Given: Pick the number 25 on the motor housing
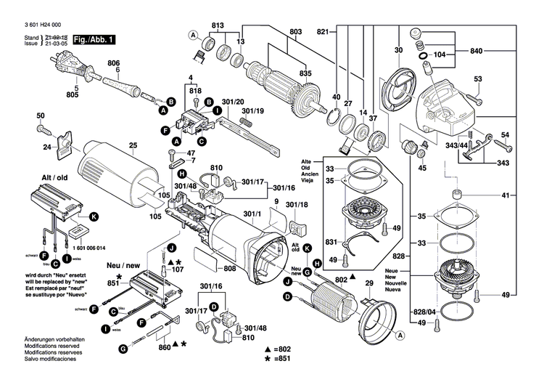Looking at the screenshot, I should pyautogui.click(x=133, y=146).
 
